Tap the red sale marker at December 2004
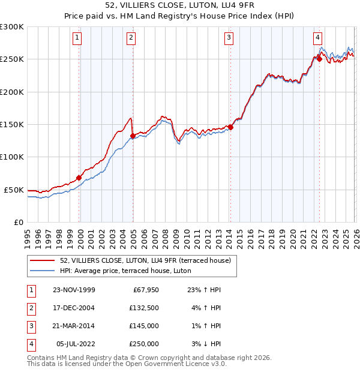(133, 136)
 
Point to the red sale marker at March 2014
(230, 127)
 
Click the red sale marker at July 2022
(319, 59)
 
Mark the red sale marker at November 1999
(79, 178)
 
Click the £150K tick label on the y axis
(12, 125)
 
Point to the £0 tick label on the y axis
(19, 222)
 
